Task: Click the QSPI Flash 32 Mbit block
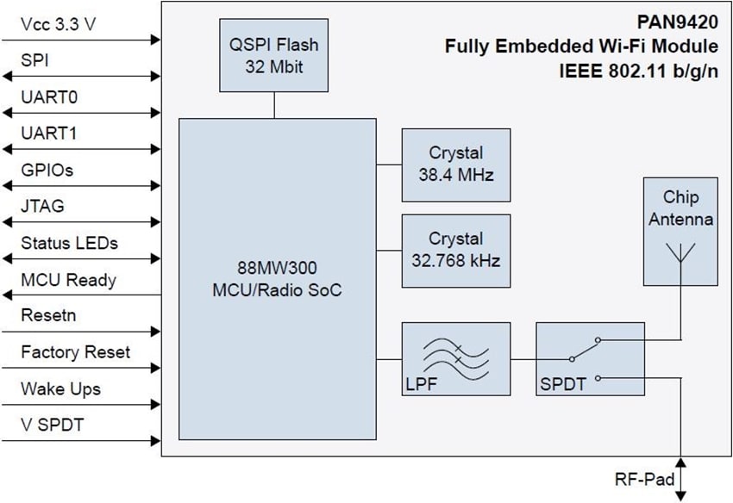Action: (x=274, y=56)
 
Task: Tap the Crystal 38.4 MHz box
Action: (x=456, y=164)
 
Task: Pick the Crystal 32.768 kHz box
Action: (x=456, y=249)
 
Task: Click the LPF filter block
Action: (x=456, y=358)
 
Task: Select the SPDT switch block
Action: (x=590, y=358)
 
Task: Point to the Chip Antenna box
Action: (x=680, y=231)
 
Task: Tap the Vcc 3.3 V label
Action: (x=59, y=25)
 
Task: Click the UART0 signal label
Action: (x=49, y=97)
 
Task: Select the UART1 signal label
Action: (x=49, y=134)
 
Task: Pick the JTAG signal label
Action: (x=43, y=206)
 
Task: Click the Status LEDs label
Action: (x=69, y=243)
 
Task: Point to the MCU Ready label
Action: (x=68, y=280)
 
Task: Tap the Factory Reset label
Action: (x=76, y=351)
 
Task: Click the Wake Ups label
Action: (x=60, y=388)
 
